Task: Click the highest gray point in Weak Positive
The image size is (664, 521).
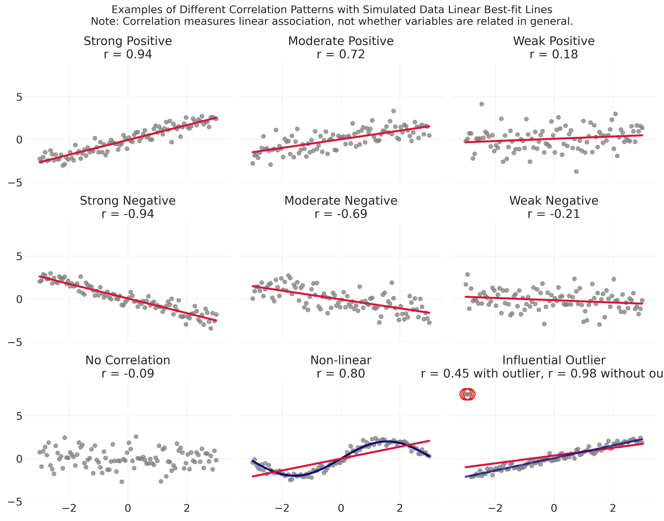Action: coord(482,104)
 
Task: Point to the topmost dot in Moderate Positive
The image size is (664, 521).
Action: coord(393,111)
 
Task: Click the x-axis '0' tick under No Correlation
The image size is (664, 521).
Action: coord(128,509)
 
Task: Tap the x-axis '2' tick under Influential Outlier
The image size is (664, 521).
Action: coord(613,509)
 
